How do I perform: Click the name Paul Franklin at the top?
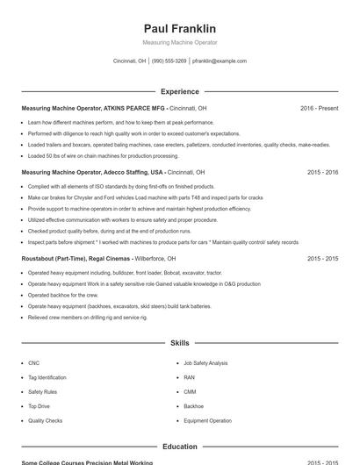click(x=180, y=28)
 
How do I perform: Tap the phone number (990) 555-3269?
click(x=169, y=61)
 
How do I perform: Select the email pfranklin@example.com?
click(x=220, y=61)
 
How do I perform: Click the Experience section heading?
click(x=180, y=91)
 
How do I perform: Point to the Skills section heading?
click(x=180, y=343)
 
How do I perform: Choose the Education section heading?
click(x=180, y=447)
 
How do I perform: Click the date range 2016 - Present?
click(x=319, y=108)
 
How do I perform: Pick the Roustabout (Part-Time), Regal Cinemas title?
click(x=81, y=259)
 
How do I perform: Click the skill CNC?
click(x=33, y=362)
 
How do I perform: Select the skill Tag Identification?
click(x=47, y=377)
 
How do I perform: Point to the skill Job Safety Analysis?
click(x=205, y=362)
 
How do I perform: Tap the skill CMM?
click(x=190, y=391)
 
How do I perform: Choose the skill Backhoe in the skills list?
click(x=193, y=406)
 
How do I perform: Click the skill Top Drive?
click(x=39, y=406)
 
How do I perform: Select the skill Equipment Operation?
click(x=207, y=420)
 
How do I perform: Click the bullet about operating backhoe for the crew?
click(x=61, y=296)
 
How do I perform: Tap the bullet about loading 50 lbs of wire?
click(x=90, y=155)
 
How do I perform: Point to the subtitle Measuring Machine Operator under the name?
click(x=180, y=42)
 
